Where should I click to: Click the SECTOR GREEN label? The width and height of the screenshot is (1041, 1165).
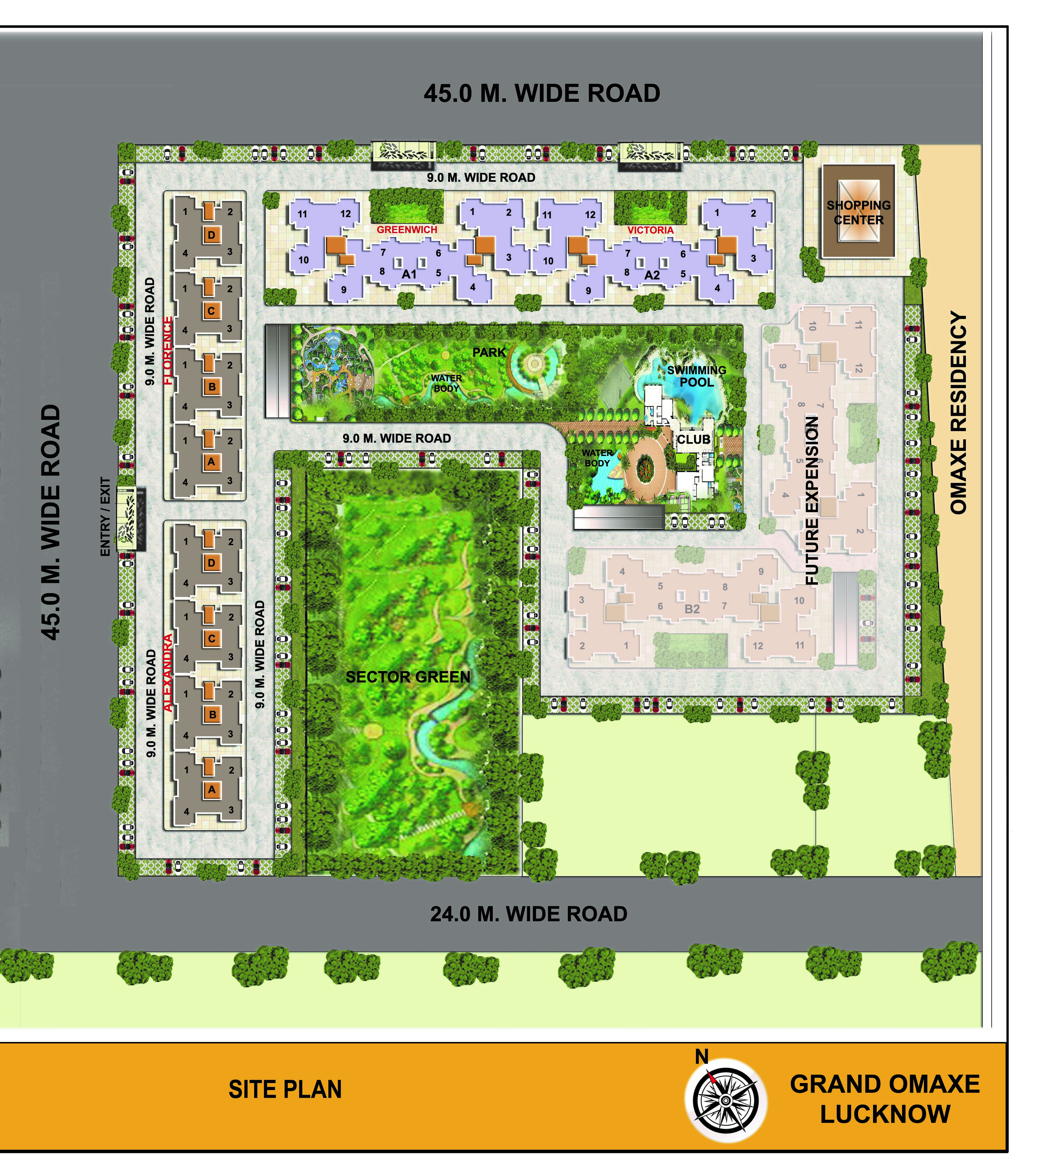[x=408, y=677]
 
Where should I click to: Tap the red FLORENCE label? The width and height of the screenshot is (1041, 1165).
[x=168, y=351]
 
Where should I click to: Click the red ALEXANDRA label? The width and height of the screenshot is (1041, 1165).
[x=168, y=673]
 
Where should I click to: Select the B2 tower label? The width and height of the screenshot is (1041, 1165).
[x=692, y=609]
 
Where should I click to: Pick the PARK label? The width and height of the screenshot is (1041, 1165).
[x=489, y=352]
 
